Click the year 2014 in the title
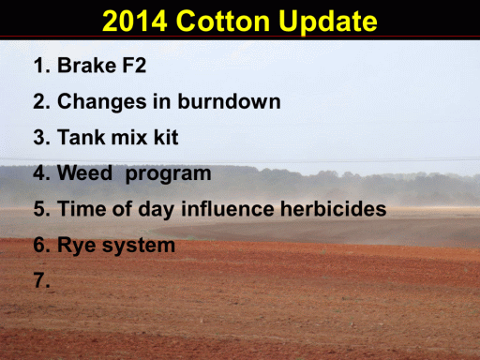point(135,21)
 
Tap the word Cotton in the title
point(223,21)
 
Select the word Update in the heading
point(328,22)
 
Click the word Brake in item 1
point(87,65)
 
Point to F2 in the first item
point(134,65)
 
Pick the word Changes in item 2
point(102,102)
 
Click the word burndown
point(229,101)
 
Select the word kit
point(166,137)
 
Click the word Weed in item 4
point(84,172)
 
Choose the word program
point(168,174)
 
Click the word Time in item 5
point(82,208)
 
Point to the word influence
point(228,208)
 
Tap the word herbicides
point(334,208)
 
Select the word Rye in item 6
point(77,246)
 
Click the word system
point(139,247)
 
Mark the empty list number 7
point(41,280)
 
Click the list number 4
point(41,172)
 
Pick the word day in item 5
point(156,209)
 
